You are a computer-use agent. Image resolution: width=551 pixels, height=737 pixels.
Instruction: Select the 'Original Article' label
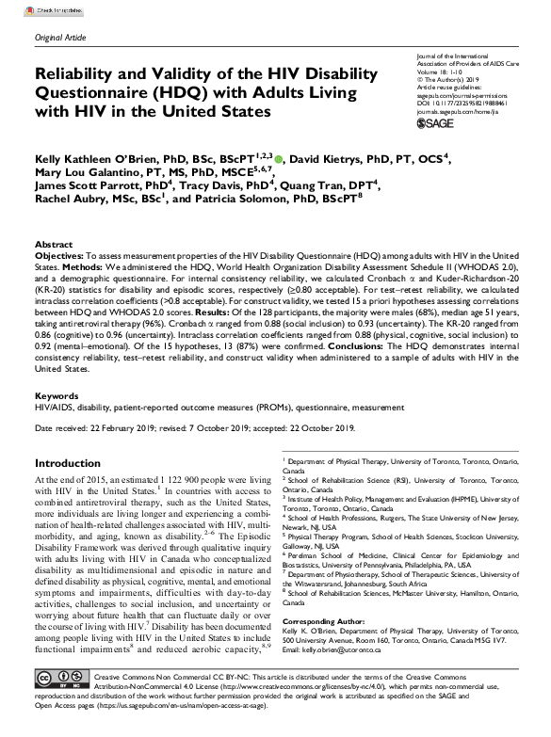[x=58, y=36]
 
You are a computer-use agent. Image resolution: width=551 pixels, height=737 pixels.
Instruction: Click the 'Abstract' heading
[x=53, y=243]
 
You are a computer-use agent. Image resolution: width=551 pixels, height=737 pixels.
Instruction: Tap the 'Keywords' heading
[x=57, y=398]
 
